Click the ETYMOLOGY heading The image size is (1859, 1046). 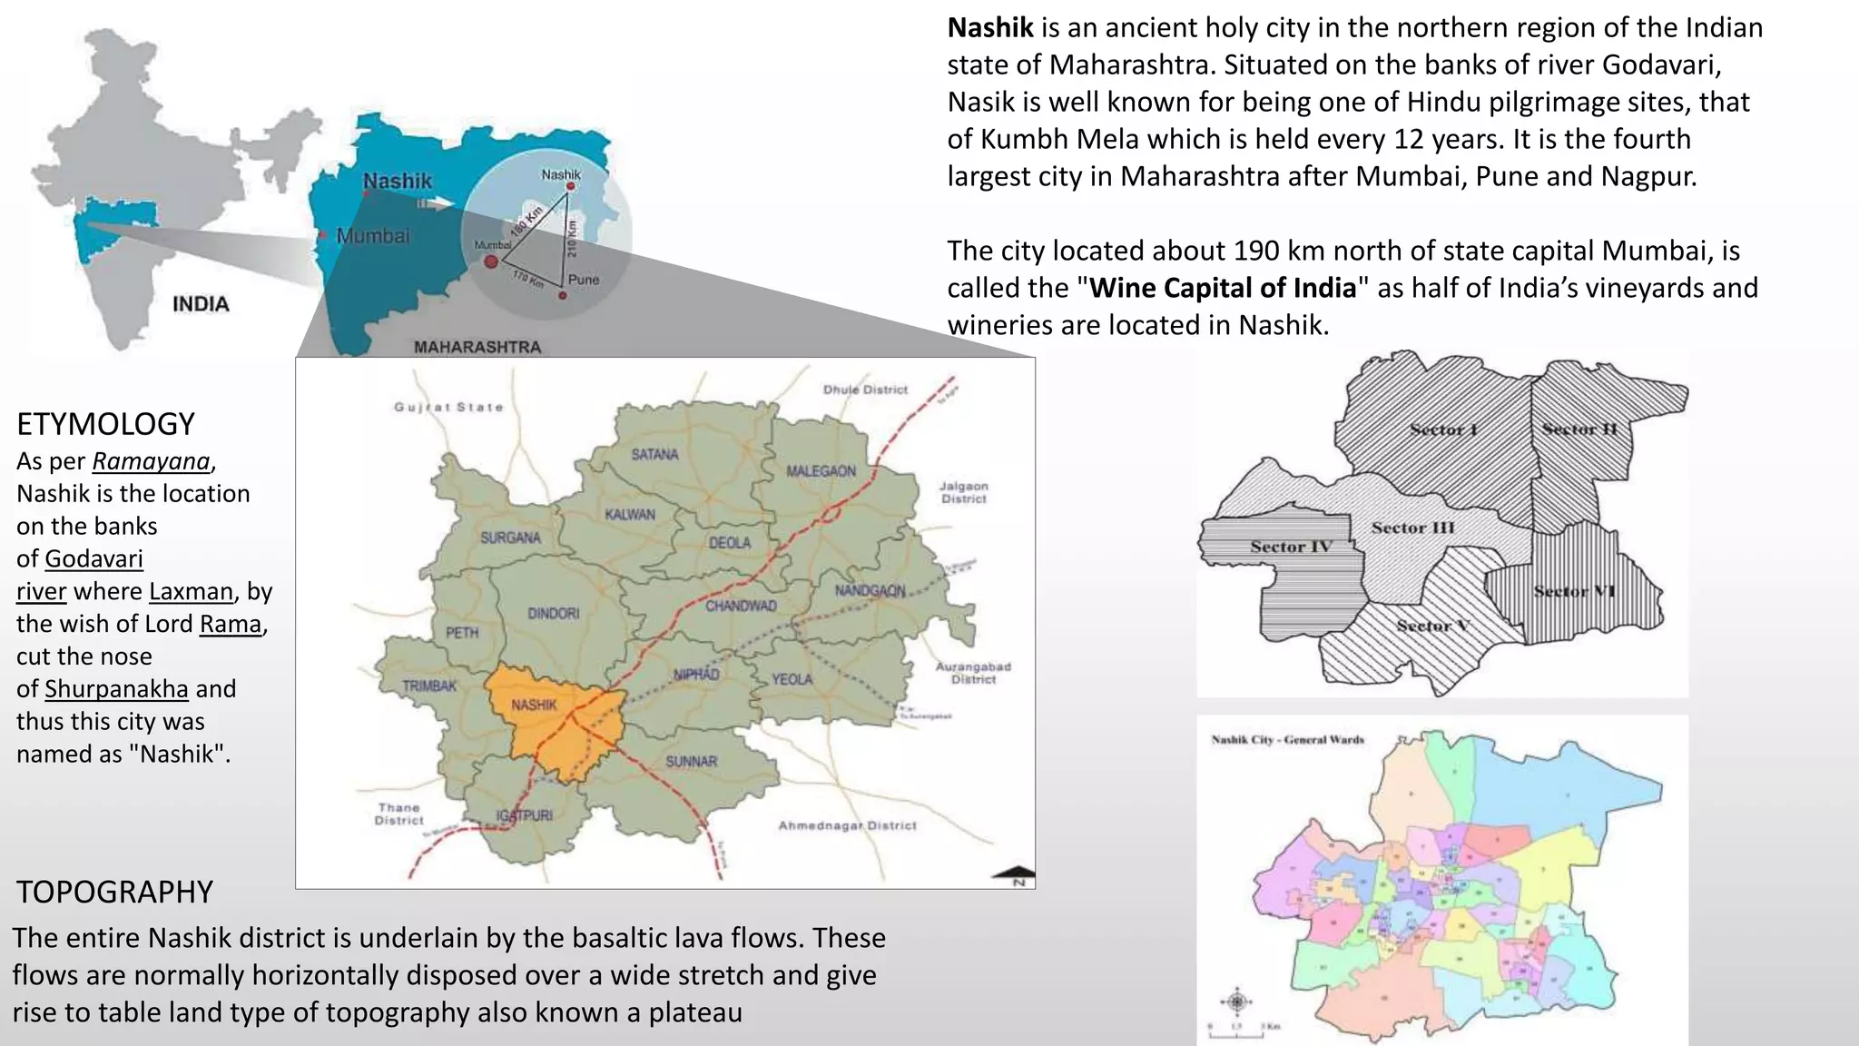(x=106, y=424)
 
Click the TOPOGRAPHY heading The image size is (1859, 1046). (x=114, y=892)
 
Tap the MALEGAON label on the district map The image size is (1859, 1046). (x=821, y=471)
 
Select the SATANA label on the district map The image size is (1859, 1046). (x=654, y=454)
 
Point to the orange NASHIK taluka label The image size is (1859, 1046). (x=534, y=705)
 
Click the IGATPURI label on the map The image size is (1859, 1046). (x=525, y=815)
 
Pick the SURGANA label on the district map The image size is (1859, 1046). (x=510, y=538)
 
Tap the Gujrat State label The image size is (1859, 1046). (x=448, y=407)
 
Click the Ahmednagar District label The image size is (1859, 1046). (x=847, y=825)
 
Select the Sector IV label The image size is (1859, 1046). (x=1291, y=547)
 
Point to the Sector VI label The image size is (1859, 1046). (x=1575, y=591)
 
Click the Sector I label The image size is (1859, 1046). (x=1444, y=429)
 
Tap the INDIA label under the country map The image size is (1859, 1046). (x=201, y=304)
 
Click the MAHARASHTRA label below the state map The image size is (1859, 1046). (x=477, y=347)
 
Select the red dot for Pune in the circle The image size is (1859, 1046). (x=563, y=295)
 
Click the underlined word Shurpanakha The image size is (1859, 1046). (x=116, y=689)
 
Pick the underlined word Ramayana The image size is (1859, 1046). (x=151, y=461)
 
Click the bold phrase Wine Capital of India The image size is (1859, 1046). (x=1223, y=288)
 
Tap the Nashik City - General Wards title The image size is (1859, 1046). (x=1287, y=740)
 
